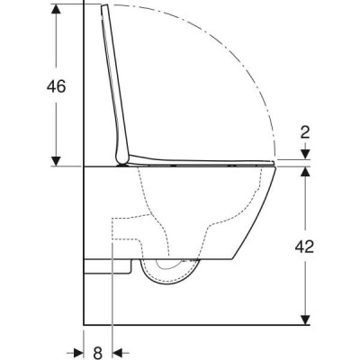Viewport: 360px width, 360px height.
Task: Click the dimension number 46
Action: coord(56,86)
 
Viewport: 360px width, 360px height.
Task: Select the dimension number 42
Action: coord(304,247)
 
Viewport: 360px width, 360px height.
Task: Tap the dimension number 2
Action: coord(305,132)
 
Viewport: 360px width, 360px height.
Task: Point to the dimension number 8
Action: coord(98,353)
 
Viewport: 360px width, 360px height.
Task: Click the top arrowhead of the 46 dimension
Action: coord(56,9)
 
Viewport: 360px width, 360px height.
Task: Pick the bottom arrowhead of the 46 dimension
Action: coord(56,161)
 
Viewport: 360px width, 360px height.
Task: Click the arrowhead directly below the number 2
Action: coord(305,155)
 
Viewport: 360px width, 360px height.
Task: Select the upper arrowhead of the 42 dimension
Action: coord(305,172)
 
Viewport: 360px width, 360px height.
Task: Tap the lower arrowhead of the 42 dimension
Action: coord(305,319)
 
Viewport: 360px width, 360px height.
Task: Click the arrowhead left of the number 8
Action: coord(77,352)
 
